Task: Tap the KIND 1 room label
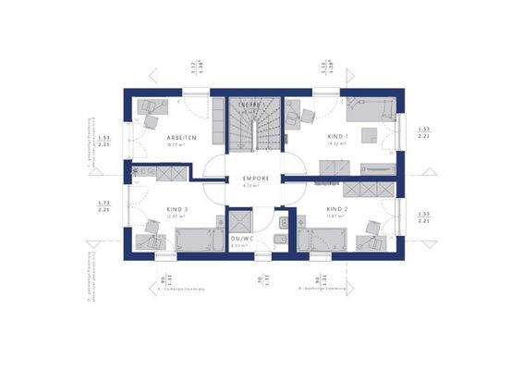(338, 136)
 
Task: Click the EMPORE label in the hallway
(256, 178)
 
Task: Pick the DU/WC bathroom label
(242, 238)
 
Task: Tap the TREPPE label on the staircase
(253, 106)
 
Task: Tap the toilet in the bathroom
(281, 241)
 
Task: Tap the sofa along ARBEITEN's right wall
(217, 125)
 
